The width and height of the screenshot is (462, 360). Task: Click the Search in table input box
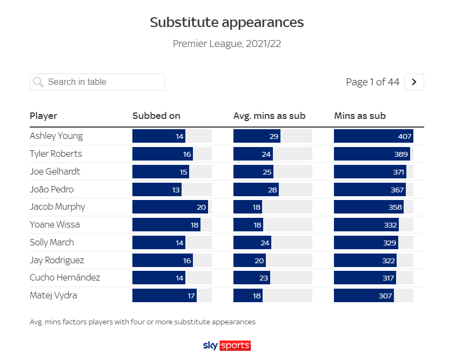point(97,82)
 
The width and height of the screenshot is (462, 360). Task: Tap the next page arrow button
point(414,82)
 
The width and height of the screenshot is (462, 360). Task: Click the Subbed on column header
point(156,116)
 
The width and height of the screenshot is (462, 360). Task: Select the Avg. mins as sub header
point(269,116)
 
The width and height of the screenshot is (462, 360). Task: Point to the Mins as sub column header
point(360,116)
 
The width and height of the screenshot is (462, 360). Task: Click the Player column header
point(43,116)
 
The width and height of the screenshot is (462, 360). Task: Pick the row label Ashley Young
point(56,136)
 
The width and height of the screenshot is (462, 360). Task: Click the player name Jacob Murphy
point(57,206)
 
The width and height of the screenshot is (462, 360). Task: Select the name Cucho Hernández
point(65,277)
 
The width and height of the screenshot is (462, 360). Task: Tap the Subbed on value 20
point(202,207)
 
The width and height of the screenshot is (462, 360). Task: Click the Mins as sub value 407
point(405,136)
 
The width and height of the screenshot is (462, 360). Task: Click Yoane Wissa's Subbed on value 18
point(195,225)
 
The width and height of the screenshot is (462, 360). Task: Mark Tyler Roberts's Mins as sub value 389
point(401,154)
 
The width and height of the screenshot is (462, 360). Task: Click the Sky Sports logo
point(226,345)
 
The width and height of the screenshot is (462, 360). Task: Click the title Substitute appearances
point(227,22)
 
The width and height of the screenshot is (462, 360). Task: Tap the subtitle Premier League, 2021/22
point(227,44)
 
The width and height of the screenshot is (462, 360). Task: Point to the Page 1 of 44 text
point(372,82)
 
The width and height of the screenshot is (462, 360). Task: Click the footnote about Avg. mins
point(143,322)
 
